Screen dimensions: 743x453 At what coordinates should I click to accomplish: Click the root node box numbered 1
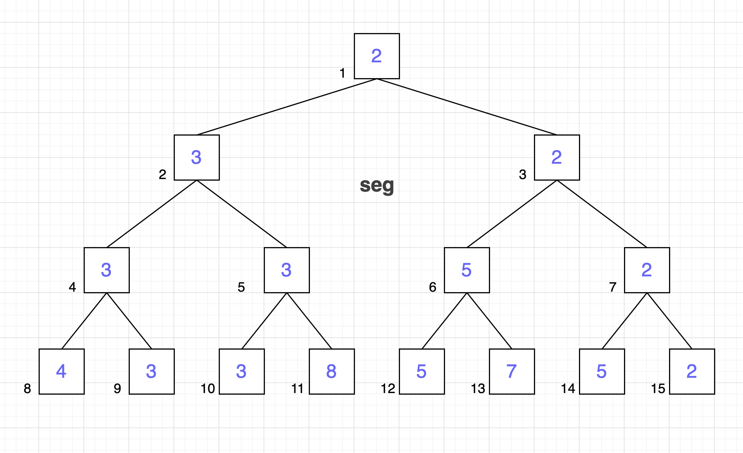[x=377, y=56]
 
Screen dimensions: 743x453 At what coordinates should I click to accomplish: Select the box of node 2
[x=197, y=157]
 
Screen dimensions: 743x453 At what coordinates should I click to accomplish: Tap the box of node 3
[x=557, y=157]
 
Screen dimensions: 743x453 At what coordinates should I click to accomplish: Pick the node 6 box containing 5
[x=467, y=270]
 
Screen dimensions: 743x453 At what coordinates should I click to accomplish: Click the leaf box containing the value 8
[x=332, y=371]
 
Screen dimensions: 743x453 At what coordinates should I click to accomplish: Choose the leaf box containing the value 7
[x=512, y=371]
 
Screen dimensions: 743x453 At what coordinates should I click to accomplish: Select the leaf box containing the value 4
[x=62, y=371]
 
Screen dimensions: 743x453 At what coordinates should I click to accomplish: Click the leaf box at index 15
[x=692, y=371]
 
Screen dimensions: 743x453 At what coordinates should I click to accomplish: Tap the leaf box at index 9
[x=152, y=371]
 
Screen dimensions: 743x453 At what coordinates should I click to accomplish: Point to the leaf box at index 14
[x=602, y=371]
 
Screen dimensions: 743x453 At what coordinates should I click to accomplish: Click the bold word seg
[x=377, y=186]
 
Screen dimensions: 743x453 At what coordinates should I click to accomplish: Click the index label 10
[x=208, y=389]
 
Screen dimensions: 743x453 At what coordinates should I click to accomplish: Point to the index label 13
[x=478, y=389]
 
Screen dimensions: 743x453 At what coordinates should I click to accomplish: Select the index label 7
[x=613, y=287]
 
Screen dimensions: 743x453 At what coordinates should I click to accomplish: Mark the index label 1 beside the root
[x=342, y=73]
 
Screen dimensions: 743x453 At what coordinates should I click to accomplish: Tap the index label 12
[x=388, y=389]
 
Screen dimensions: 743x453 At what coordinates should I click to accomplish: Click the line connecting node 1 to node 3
[x=467, y=107]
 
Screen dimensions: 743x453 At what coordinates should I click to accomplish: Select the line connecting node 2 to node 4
[x=152, y=214]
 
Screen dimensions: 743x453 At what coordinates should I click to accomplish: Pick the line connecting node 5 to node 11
[x=309, y=321]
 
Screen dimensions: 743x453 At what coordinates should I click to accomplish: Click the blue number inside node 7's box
[x=647, y=270]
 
